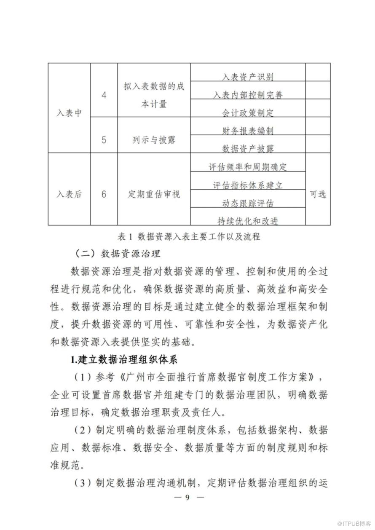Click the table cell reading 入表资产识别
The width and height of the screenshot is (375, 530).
(x=248, y=77)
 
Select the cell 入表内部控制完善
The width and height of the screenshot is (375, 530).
(x=248, y=95)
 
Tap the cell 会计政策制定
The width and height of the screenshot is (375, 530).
(x=248, y=113)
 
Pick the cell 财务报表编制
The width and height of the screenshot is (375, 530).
(x=248, y=131)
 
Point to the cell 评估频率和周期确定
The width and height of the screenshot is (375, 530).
(x=248, y=167)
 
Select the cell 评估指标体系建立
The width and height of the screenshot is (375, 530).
(x=248, y=185)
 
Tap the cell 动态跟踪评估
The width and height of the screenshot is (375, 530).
(x=248, y=203)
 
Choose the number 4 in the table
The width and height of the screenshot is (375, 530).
(x=104, y=95)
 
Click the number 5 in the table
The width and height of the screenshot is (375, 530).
(x=104, y=139)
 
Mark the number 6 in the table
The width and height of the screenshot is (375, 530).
(x=104, y=194)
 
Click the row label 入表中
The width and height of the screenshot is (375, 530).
(x=69, y=113)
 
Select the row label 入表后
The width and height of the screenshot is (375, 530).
(x=69, y=194)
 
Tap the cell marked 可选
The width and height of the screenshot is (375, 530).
(x=318, y=194)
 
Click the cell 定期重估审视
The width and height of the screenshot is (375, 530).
(x=154, y=194)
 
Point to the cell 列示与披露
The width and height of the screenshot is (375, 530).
(x=154, y=140)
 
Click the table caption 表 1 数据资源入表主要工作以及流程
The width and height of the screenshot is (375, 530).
(x=189, y=236)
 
